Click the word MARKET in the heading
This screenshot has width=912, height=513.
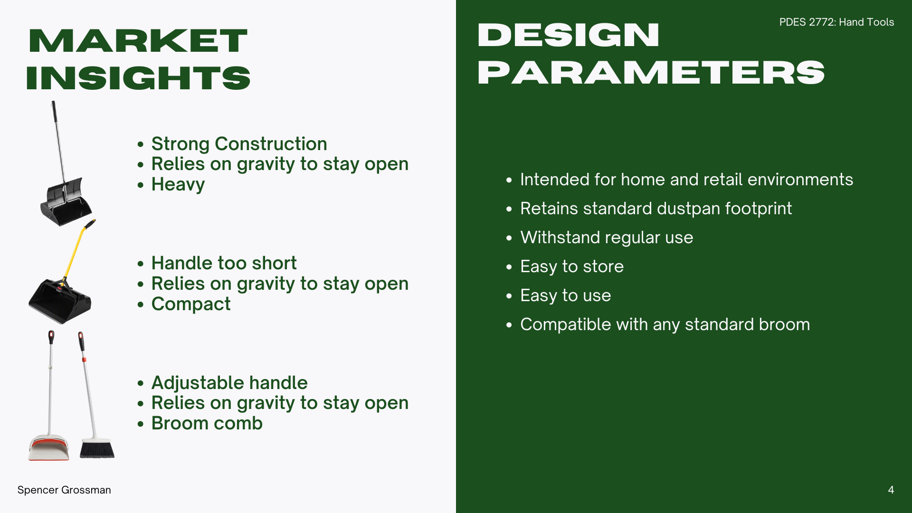(138, 41)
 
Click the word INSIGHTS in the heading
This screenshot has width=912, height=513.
(138, 78)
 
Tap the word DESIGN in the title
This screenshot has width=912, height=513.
(569, 35)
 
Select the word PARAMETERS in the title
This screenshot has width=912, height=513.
(651, 73)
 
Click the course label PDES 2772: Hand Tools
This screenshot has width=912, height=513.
(836, 22)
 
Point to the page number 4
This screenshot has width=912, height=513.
(891, 490)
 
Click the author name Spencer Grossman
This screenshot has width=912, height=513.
(64, 490)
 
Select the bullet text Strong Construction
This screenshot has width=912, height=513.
(239, 143)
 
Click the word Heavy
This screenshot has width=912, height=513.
(178, 185)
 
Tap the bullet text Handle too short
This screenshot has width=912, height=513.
(224, 263)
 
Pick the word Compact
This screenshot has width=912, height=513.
(191, 304)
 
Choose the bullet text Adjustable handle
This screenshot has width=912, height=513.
(229, 382)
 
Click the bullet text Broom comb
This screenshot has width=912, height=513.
(207, 423)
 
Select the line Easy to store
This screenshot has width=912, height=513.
(572, 266)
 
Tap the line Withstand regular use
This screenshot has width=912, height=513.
(607, 237)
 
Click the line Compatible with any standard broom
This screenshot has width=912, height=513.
(665, 324)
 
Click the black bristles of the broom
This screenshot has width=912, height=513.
(97, 449)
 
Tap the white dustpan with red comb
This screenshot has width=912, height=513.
(49, 447)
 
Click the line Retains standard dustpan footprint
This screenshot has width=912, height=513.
(656, 209)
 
